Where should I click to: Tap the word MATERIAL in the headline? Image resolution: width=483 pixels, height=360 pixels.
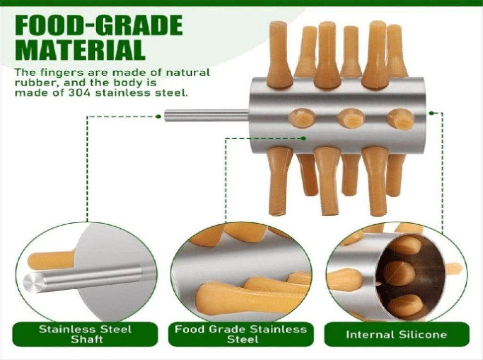(80, 50)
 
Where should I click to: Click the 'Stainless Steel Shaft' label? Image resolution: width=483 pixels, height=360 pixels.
(85, 335)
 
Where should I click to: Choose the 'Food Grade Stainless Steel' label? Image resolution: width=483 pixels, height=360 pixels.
(241, 335)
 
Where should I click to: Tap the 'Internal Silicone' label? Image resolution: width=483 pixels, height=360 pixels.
(396, 335)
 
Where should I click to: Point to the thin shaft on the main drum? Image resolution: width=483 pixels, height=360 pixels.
(207, 116)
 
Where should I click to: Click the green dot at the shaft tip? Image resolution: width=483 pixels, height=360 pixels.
(158, 117)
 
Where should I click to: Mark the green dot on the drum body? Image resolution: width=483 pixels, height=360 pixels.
(304, 138)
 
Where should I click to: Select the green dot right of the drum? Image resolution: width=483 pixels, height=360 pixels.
(431, 113)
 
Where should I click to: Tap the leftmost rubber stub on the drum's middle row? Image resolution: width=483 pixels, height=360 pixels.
(302, 117)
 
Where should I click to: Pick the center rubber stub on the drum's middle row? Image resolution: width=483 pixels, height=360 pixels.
(351, 118)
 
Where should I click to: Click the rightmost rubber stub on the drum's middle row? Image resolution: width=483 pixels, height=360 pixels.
(400, 119)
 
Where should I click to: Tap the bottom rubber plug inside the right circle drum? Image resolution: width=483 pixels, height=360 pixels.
(405, 306)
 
